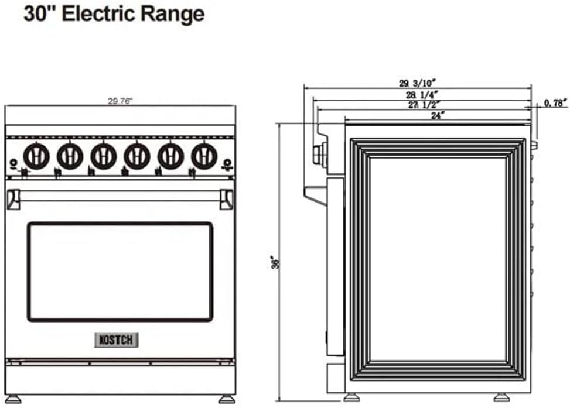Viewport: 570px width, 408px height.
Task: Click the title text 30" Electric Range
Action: pos(114,14)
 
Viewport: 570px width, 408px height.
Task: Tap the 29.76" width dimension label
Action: pos(120,101)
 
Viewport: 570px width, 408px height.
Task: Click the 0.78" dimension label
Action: pos(555,103)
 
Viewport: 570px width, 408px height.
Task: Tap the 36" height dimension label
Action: pos(272,262)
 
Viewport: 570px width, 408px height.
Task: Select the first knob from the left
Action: pos(36,156)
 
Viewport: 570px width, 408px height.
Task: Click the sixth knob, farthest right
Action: pos(204,156)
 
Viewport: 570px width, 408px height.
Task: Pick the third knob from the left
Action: pos(103,156)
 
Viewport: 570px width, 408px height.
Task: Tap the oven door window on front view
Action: pos(120,271)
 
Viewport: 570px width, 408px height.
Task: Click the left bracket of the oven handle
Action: pos(13,199)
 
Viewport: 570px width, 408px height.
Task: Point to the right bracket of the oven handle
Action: pos(226,199)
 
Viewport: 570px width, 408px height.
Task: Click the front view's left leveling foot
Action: pos(13,400)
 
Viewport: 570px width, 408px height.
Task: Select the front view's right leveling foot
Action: pos(227,400)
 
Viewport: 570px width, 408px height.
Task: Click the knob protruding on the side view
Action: pos(320,155)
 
